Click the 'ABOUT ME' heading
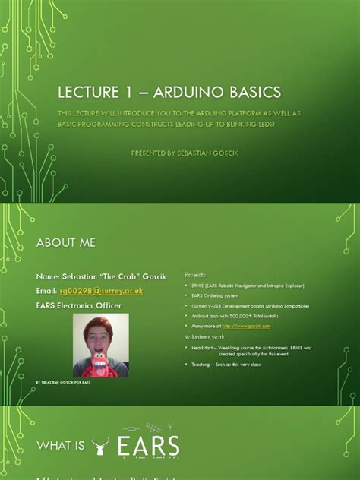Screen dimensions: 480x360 pos(66,242)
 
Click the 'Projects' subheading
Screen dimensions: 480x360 pos(195,274)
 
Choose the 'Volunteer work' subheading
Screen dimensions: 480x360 pos(204,336)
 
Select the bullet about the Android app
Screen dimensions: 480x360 pos(235,315)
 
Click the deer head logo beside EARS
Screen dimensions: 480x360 pos(100,447)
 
